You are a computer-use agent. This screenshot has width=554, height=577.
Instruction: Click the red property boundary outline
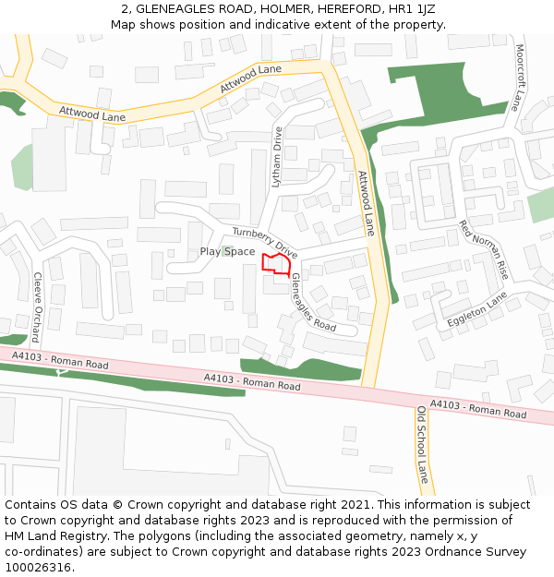(x=277, y=263)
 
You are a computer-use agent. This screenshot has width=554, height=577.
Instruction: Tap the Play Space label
(x=227, y=252)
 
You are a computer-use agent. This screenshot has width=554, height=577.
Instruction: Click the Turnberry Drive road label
(x=265, y=243)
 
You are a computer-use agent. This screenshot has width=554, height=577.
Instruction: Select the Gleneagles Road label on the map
(x=313, y=302)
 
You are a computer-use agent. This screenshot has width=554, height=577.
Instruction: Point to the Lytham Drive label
(x=277, y=158)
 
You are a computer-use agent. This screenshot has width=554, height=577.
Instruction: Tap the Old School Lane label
(x=423, y=445)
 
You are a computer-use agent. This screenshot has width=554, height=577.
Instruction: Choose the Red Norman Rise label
(x=484, y=250)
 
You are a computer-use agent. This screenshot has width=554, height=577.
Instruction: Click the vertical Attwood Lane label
(x=367, y=202)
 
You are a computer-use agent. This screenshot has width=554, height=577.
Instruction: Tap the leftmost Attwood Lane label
(x=91, y=115)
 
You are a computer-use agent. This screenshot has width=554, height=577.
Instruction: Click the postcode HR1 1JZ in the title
(x=411, y=9)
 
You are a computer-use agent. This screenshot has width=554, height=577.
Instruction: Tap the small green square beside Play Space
(x=227, y=251)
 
